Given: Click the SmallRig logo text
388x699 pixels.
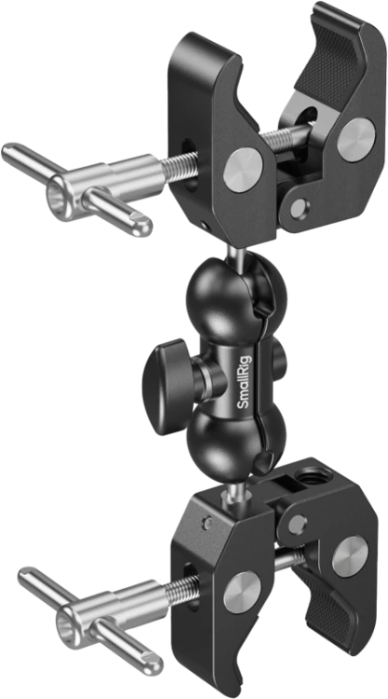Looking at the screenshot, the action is [x=245, y=381].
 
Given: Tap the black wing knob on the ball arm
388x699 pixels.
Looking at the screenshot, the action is [x=167, y=386].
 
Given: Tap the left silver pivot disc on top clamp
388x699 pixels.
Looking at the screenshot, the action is [x=243, y=170].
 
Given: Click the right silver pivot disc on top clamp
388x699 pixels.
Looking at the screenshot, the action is [x=356, y=139].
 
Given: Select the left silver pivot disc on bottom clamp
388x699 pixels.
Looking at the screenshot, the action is [x=242, y=592].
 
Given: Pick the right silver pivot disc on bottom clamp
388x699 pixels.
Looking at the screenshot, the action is [x=350, y=555].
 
